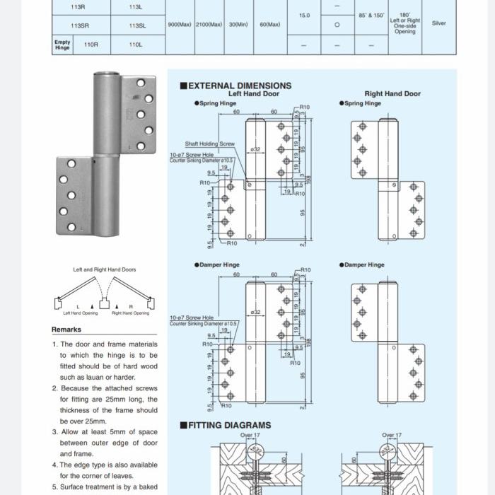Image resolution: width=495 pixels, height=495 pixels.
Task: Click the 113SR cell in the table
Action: pyautogui.click(x=80, y=25)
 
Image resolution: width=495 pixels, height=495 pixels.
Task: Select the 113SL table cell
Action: pyautogui.click(x=137, y=25)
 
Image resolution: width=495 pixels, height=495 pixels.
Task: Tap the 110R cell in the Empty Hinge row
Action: pyautogui.click(x=91, y=45)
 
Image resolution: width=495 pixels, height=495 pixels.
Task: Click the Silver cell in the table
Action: pyautogui.click(x=438, y=23)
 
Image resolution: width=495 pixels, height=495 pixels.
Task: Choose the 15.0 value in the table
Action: pyautogui.click(x=304, y=15)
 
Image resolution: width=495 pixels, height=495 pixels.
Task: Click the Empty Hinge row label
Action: pyautogui.click(x=62, y=45)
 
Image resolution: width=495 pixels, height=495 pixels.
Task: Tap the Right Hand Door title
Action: pyautogui.click(x=392, y=93)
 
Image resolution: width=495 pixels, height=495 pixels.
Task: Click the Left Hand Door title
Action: pyautogui.click(x=254, y=93)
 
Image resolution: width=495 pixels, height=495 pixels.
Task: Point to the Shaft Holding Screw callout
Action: pyautogui.click(x=210, y=144)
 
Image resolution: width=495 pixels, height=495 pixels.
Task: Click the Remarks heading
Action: pyautogui.click(x=66, y=330)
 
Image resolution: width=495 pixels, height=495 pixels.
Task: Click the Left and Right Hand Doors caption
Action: pyautogui.click(x=105, y=269)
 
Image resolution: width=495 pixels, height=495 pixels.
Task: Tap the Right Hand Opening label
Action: pyautogui.click(x=131, y=313)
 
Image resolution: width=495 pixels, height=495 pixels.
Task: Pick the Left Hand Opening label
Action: pyautogui.click(x=81, y=313)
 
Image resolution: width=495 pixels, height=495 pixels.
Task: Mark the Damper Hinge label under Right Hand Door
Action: pyautogui.click(x=365, y=265)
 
